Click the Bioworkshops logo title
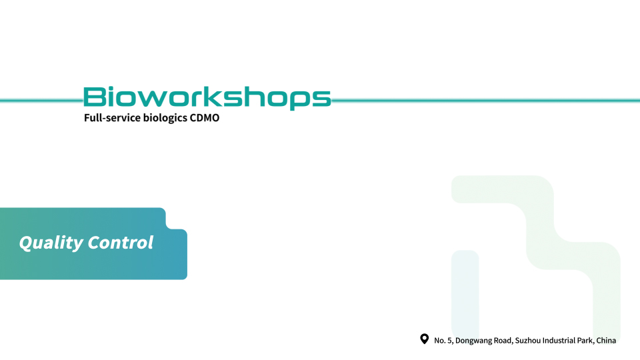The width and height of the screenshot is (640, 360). coord(207,97)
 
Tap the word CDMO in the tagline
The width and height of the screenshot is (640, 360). coord(205,117)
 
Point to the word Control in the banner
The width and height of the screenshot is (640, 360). coord(121,242)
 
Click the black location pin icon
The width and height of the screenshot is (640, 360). coord(425,339)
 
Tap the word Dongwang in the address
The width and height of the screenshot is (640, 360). coord(473,341)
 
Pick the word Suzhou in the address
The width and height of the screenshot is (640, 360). coord(528,341)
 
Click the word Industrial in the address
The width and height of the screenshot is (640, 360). coord(559,341)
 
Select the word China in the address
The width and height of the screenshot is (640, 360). coord(606,341)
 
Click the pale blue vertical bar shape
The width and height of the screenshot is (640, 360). coord(465,295)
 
